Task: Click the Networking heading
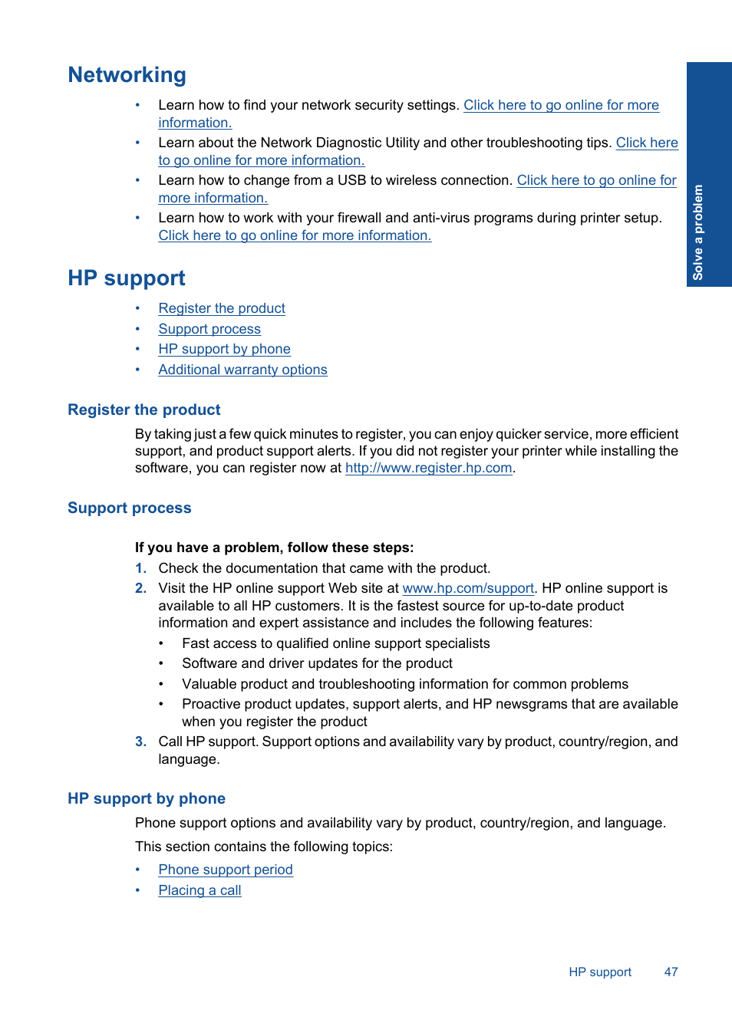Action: coord(127,75)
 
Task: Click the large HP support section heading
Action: coord(127,278)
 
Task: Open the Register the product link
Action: coord(222,308)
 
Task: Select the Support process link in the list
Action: coord(209,329)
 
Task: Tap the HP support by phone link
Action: coord(224,349)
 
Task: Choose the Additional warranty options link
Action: coord(242,370)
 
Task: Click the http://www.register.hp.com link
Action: coord(428,468)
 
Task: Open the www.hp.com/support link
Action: coord(468,588)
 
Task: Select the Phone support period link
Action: coord(226,870)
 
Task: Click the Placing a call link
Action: coord(199,890)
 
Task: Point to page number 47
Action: coord(671,972)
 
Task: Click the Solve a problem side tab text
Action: coord(698,232)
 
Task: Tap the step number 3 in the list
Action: coord(140,742)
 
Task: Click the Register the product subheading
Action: coord(144,410)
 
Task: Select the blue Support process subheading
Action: coord(130,508)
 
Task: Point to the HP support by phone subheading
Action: coord(147,799)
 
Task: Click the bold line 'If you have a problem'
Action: coord(274,548)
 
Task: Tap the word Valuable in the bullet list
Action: coord(208,684)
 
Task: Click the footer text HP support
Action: coord(600,972)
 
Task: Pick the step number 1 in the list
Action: coord(140,568)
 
